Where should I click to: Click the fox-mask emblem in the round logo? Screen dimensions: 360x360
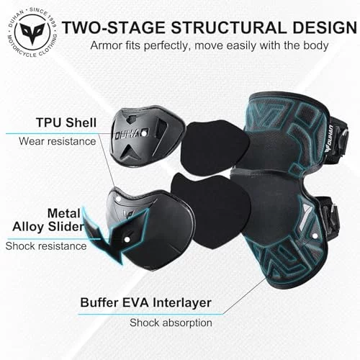(32, 33)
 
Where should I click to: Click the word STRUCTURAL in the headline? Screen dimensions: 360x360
(228, 27)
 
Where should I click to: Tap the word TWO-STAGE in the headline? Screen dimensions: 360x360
(114, 27)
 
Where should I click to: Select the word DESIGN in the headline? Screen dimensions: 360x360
(325, 27)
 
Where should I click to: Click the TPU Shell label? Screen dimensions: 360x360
(66, 122)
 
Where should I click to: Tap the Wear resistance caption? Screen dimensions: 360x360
(58, 141)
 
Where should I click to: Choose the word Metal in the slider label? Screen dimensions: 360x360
(64, 213)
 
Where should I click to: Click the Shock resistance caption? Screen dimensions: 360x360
(46, 246)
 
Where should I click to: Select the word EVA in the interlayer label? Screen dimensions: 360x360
(136, 302)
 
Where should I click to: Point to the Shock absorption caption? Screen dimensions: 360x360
(171, 323)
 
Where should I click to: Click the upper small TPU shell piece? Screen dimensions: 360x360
(147, 135)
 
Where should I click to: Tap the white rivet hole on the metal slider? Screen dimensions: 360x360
(127, 240)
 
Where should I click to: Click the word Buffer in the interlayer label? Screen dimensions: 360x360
(99, 302)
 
